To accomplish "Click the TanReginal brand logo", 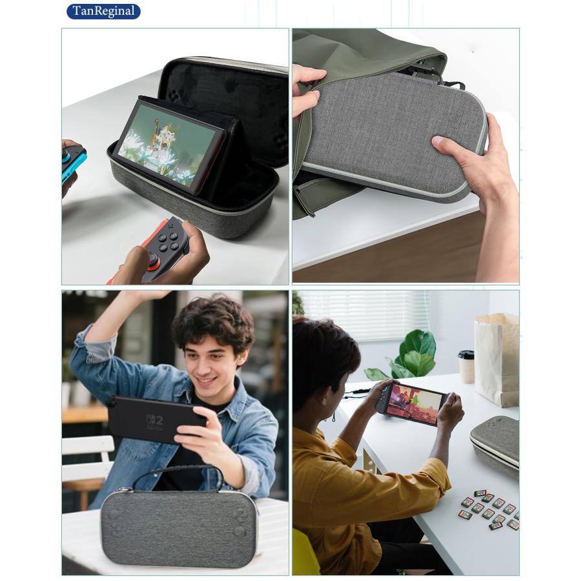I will [103, 11].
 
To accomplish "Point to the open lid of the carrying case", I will [226, 103].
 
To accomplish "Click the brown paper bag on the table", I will [497, 358].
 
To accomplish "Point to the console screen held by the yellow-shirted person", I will [414, 403].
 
